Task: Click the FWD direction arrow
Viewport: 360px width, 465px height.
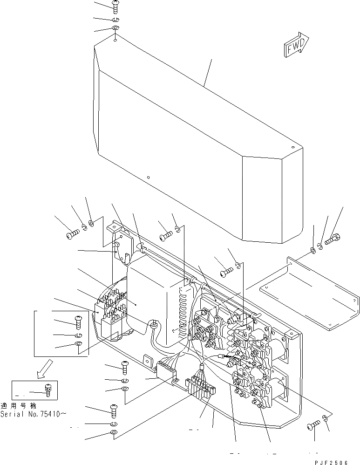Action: pyautogui.click(x=295, y=46)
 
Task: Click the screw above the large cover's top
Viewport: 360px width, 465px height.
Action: pyautogui.click(x=115, y=6)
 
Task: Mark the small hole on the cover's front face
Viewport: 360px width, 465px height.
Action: pyautogui.click(x=148, y=178)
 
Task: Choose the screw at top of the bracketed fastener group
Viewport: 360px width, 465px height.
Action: pyautogui.click(x=77, y=321)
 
